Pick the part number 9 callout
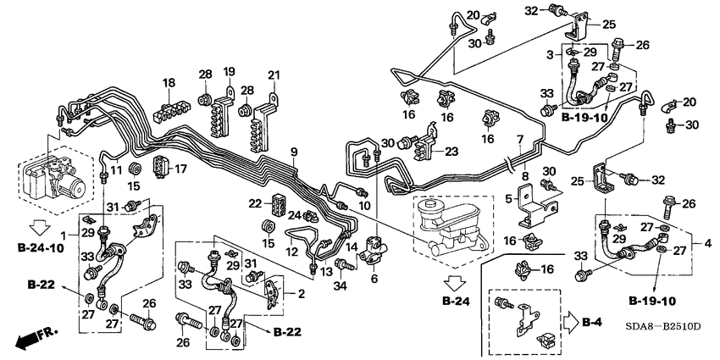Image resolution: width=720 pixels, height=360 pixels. [x=293, y=152]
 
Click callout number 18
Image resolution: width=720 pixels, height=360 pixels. [x=169, y=83]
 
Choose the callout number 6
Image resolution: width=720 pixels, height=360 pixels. [x=374, y=278]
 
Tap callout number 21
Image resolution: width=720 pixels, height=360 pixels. [x=273, y=76]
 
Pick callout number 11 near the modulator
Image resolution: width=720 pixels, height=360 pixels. [x=116, y=171]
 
